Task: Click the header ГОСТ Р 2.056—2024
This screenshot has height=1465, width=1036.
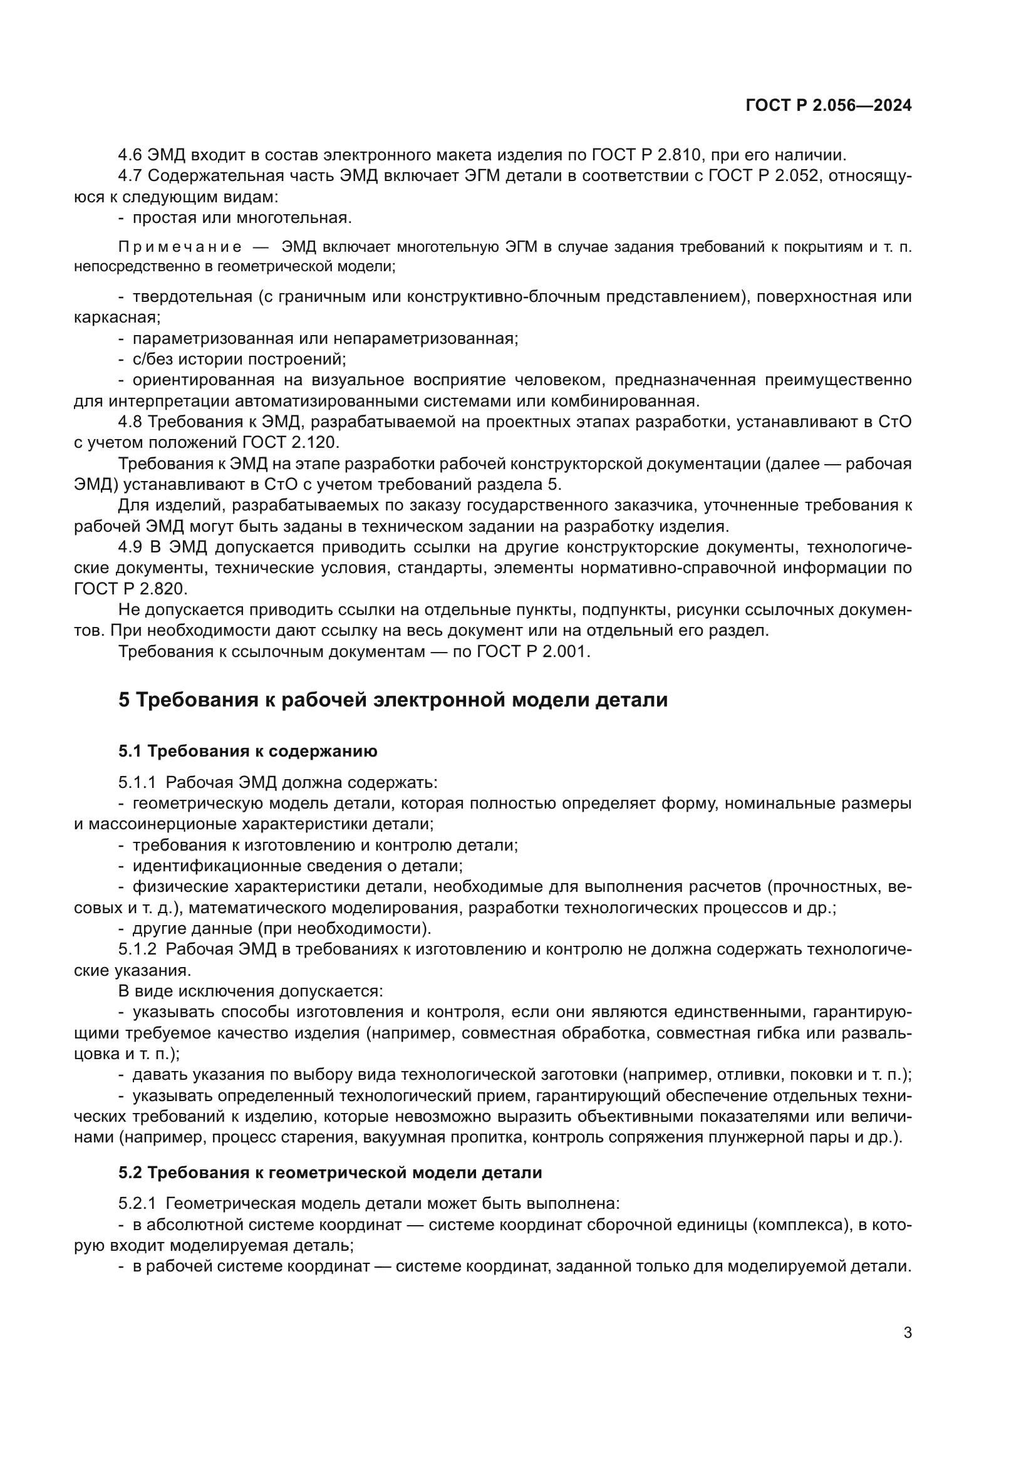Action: tap(828, 106)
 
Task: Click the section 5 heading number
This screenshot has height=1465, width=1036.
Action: tap(124, 700)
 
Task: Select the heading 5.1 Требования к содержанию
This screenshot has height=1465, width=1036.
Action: tap(247, 751)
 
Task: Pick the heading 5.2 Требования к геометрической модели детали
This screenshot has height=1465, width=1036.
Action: tap(330, 1172)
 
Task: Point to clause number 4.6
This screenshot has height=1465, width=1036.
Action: tap(130, 155)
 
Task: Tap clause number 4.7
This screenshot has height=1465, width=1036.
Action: tap(130, 176)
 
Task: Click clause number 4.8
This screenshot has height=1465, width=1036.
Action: tap(130, 422)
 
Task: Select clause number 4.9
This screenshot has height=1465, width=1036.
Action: tap(130, 547)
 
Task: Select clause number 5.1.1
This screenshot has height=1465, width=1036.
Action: tap(137, 782)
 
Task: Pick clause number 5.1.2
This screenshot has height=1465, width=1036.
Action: tap(137, 950)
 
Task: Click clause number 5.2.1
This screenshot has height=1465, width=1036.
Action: tap(137, 1203)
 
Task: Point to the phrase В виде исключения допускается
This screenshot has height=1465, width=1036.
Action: tap(250, 991)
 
